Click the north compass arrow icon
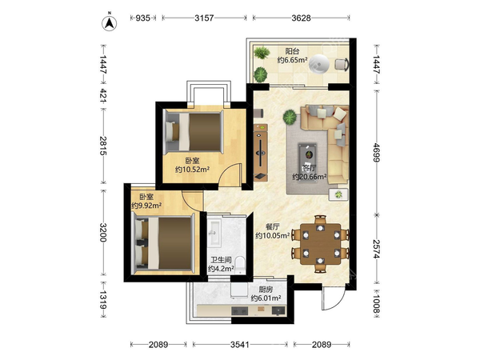pyautogui.click(x=110, y=22)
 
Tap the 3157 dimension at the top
pyautogui.click(x=204, y=18)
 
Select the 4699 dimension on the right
pyautogui.click(x=376, y=153)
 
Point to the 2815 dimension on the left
pyautogui.click(x=103, y=146)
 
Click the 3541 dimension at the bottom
pyautogui.click(x=240, y=345)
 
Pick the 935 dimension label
pyautogui.click(x=143, y=18)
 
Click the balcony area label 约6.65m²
pyautogui.click(x=292, y=60)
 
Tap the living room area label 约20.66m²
pyautogui.click(x=310, y=177)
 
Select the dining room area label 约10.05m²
pyautogui.click(x=273, y=235)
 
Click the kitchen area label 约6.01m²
pyautogui.click(x=266, y=298)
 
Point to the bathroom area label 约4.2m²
pyautogui.click(x=221, y=269)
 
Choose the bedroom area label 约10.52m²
pyautogui.click(x=192, y=169)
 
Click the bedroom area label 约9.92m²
pyautogui.click(x=146, y=206)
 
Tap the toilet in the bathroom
pyautogui.click(x=241, y=265)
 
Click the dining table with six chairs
pyautogui.click(x=320, y=244)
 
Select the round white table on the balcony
pyautogui.click(x=319, y=64)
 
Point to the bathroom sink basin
pyautogui.click(x=214, y=233)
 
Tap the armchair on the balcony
pyautogui.click(x=342, y=64)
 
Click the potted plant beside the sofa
pyautogui.click(x=290, y=118)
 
